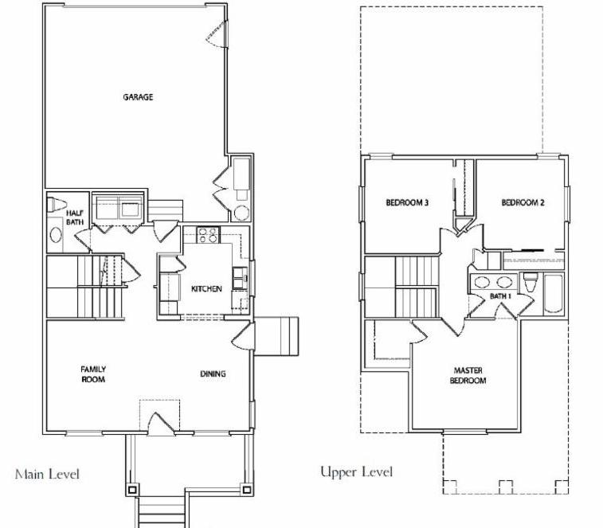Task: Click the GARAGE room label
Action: click(138, 97)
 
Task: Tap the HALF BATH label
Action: click(75, 217)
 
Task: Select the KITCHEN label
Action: click(206, 288)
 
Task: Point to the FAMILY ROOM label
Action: click(93, 374)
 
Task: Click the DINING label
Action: click(213, 374)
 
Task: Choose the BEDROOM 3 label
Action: click(407, 202)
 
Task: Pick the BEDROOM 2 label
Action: click(523, 202)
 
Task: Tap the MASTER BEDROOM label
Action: click(468, 375)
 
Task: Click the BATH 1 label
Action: click(501, 296)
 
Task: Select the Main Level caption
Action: click(47, 474)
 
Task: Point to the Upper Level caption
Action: click(357, 472)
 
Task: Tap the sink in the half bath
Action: click(56, 235)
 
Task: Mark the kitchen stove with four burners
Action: click(208, 235)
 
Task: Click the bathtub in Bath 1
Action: click(554, 293)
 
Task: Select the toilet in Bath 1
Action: click(531, 283)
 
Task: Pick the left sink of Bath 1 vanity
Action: click(482, 282)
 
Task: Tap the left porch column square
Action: click(132, 490)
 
